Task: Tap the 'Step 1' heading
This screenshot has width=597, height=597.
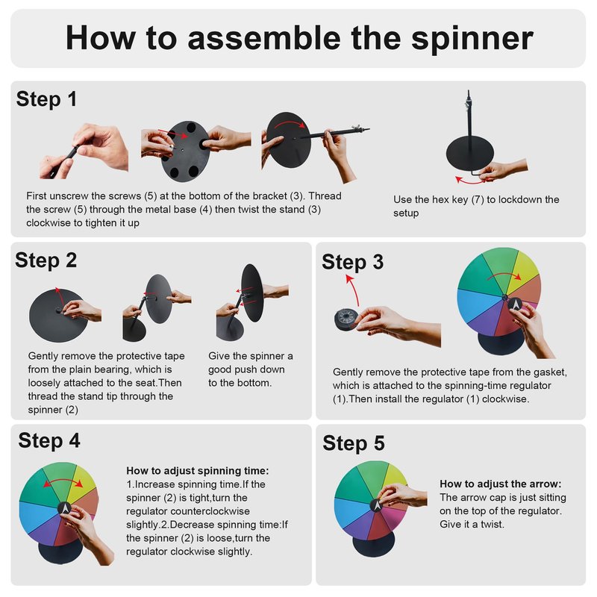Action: [x=46, y=99]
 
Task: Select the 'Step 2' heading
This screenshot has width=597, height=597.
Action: [x=46, y=260]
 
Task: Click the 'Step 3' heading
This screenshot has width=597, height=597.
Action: [x=352, y=263]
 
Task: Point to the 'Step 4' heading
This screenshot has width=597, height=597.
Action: [x=49, y=440]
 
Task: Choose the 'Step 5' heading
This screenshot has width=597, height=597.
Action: [x=354, y=443]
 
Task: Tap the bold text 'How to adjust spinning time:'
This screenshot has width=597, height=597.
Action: [x=198, y=471]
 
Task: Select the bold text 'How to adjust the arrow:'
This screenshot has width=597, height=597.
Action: [x=501, y=484]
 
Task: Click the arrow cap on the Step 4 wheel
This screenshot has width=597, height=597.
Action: [x=65, y=508]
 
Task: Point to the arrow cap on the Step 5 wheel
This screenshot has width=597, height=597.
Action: [x=377, y=505]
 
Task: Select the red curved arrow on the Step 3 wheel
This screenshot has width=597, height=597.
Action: [x=504, y=275]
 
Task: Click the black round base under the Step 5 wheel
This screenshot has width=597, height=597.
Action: [x=374, y=544]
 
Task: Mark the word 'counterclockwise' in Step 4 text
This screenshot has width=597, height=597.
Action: [x=210, y=511]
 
